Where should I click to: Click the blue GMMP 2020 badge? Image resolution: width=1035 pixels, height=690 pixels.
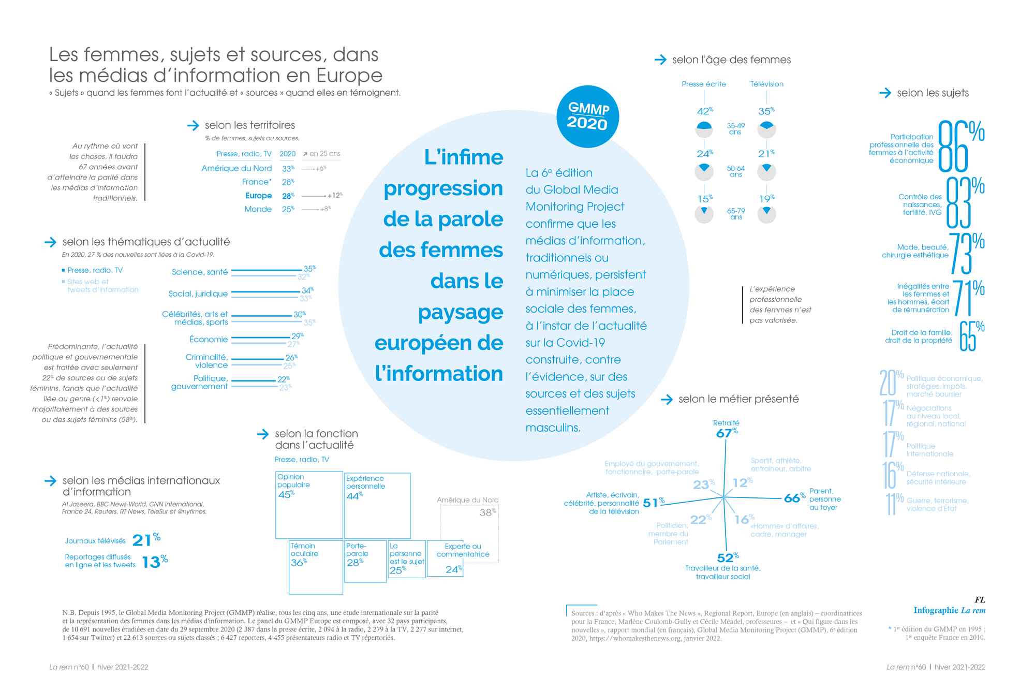coord(587,116)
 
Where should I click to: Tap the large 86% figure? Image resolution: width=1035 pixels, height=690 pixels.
coord(960,146)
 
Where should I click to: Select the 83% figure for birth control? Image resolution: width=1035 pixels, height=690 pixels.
coord(964,203)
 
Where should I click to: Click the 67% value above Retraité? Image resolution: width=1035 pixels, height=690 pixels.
coord(726,433)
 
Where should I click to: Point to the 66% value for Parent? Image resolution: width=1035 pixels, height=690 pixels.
coord(794,498)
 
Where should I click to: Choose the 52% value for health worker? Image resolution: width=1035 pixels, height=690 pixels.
coord(727,557)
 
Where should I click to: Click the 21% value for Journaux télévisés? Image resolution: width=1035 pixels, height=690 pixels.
coord(146,540)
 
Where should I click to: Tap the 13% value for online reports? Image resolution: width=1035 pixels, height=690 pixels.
coord(154,562)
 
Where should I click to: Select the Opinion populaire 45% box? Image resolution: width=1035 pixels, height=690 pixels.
coord(309,505)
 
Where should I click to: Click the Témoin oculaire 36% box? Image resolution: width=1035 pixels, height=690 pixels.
coord(316,567)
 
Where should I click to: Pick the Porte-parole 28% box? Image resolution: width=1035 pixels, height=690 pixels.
coord(365,561)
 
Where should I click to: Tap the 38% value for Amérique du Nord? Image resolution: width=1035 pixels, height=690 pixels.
coord(487,512)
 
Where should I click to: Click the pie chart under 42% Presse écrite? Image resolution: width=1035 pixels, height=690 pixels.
coord(704,129)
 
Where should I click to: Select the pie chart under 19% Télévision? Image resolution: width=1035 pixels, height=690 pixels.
coord(766,214)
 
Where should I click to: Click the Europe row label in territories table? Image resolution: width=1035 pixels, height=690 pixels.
coord(259,196)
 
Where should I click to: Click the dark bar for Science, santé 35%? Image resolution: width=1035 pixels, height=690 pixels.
coord(267,270)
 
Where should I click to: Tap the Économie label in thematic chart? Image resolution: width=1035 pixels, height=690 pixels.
coord(209,340)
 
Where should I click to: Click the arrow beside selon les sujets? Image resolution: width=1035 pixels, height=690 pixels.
coord(885,93)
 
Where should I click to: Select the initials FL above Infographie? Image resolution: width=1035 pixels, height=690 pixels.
coord(980,600)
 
